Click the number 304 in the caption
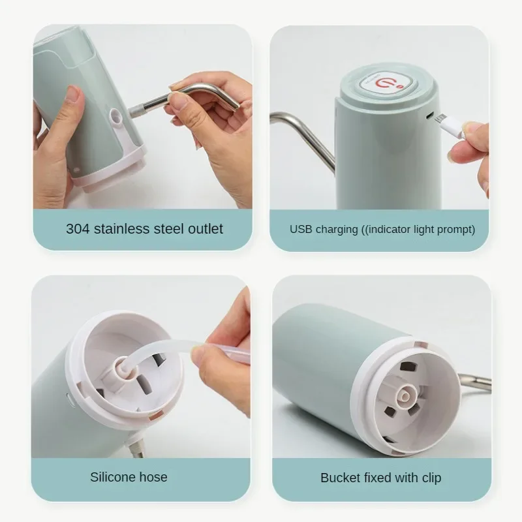[78, 229]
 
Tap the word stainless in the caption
[122, 229]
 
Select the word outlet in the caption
[206, 229]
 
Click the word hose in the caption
[153, 477]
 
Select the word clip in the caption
[431, 478]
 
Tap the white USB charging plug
[452, 126]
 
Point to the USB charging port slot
[430, 116]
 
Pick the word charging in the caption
[337, 230]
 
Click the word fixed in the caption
[378, 478]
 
